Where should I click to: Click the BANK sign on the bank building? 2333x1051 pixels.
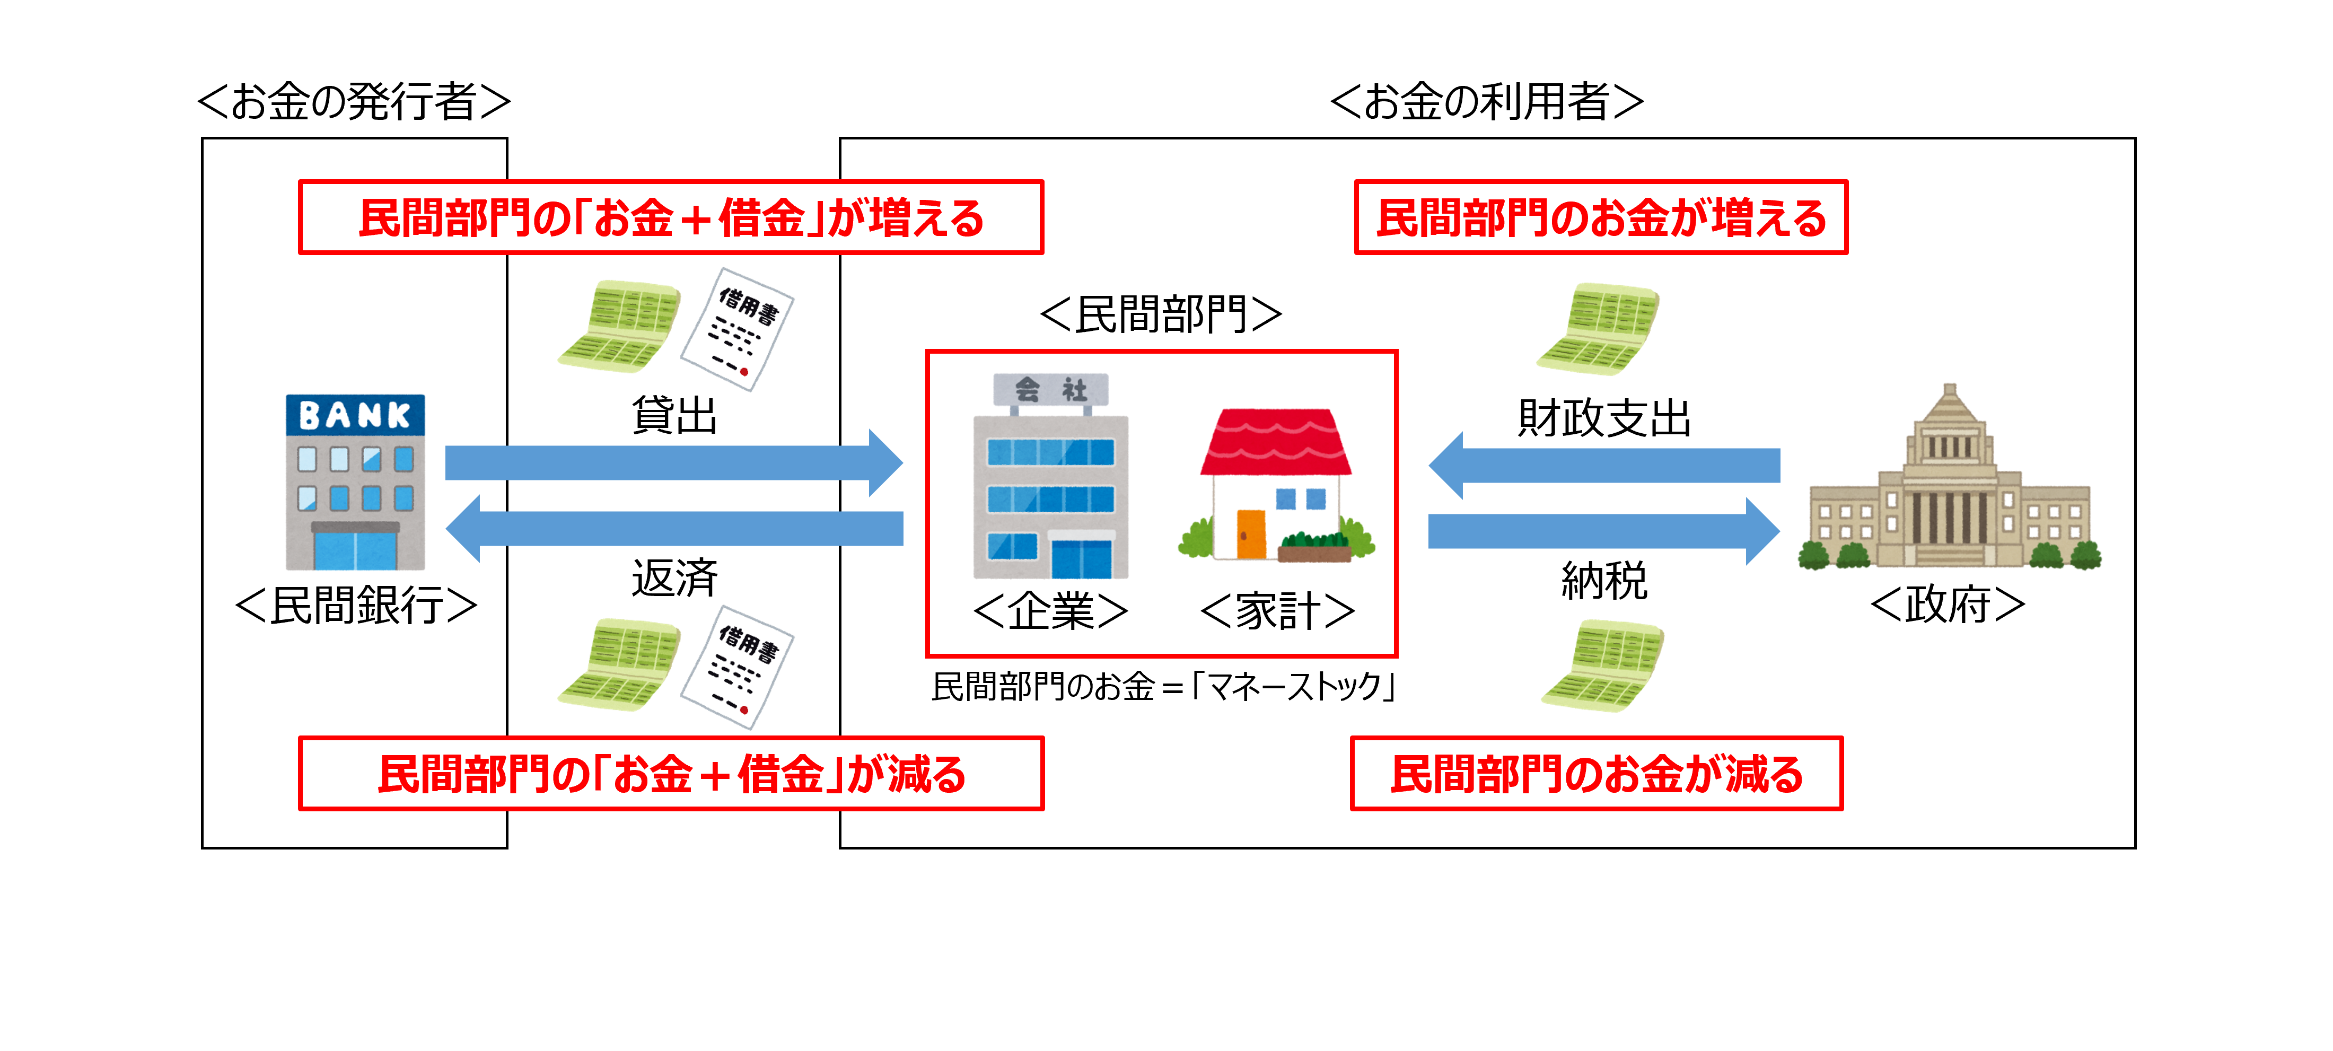[x=355, y=415]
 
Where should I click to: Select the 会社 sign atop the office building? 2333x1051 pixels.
[x=1050, y=390]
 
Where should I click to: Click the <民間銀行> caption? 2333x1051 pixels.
[x=356, y=605]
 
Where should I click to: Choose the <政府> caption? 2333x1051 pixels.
[x=1947, y=605]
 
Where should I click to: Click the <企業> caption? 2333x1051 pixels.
[x=1050, y=611]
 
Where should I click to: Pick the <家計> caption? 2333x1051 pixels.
[x=1277, y=611]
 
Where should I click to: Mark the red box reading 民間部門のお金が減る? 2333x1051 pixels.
[x=1596, y=774]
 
